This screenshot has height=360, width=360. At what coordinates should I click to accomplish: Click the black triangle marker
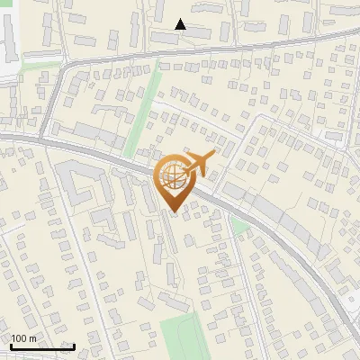click(181, 25)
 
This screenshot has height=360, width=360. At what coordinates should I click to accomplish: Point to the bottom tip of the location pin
click(174, 212)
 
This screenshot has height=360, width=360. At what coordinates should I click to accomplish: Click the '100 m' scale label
click(23, 337)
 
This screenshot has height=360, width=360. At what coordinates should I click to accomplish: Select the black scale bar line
click(41, 346)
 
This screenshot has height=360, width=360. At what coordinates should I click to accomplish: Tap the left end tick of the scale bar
click(10, 345)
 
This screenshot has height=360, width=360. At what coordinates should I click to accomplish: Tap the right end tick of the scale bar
click(74, 345)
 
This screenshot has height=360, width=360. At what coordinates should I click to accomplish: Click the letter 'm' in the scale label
click(32, 337)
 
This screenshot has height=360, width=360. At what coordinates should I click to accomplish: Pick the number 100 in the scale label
click(19, 337)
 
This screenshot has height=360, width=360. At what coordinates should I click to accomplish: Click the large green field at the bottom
click(178, 335)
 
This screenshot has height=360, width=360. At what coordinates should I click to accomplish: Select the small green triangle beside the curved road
click(238, 225)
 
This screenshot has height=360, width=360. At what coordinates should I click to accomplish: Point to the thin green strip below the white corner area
click(36, 65)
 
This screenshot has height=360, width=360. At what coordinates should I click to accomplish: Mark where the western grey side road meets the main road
click(41, 138)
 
